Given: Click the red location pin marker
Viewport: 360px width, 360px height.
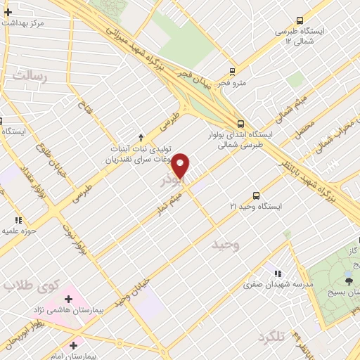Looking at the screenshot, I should pyautogui.click(x=181, y=166).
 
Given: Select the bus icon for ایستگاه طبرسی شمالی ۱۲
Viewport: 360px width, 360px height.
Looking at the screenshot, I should pyautogui.click(x=300, y=21).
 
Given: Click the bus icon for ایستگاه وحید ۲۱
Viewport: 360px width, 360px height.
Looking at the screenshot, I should pyautogui.click(x=256, y=196).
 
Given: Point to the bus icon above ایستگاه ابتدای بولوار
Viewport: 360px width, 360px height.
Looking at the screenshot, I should pyautogui.click(x=241, y=122).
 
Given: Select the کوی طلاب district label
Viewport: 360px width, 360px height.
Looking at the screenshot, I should pyautogui.click(x=24, y=286).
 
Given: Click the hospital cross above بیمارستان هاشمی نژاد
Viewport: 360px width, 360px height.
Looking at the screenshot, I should pyautogui.click(x=68, y=300).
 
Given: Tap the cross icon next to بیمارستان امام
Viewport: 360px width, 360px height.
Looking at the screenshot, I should pyautogui.click(x=73, y=345).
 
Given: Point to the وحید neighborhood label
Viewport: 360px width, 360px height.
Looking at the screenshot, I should pyautogui.click(x=226, y=245).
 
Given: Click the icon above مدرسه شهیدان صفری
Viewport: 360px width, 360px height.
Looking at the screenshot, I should pyautogui.click(x=278, y=273).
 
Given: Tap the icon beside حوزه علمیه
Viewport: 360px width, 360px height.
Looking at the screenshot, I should pyautogui.click(x=27, y=220).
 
